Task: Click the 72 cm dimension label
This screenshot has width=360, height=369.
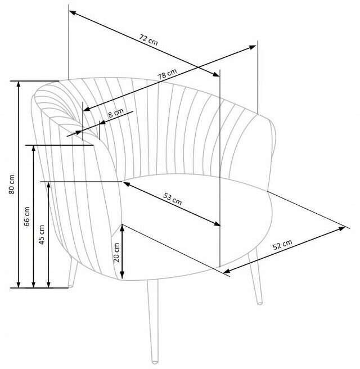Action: point(148,39)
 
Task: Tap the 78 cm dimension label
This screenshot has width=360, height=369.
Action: point(167,74)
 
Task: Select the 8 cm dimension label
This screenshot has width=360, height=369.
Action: point(115,112)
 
